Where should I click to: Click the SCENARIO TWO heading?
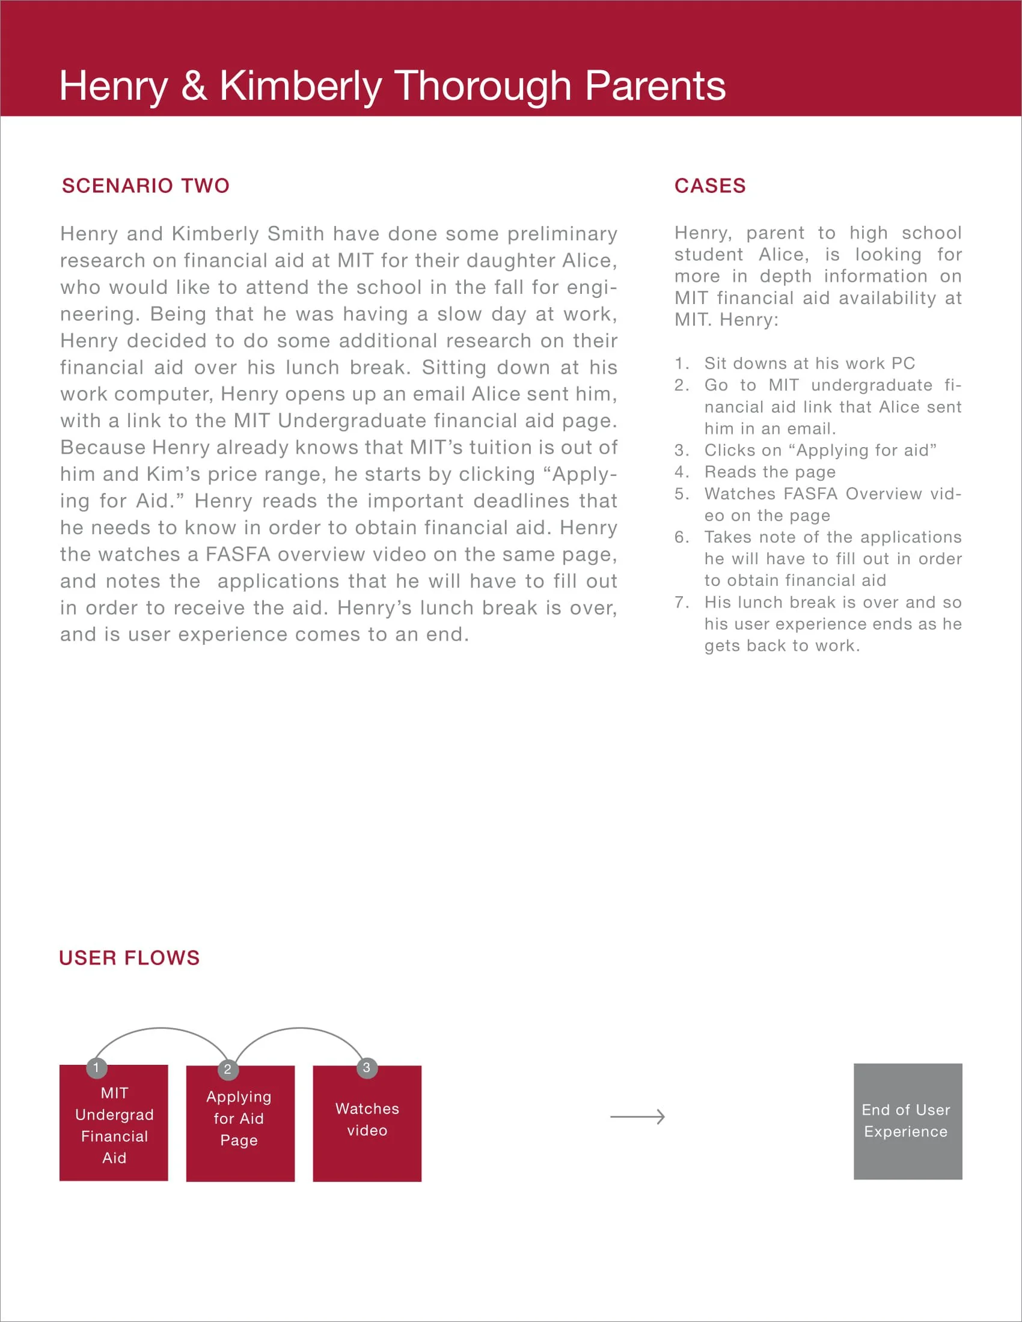145,186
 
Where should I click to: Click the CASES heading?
709,186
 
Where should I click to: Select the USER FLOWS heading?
129,958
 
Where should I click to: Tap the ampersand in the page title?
194,86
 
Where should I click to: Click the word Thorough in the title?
483,86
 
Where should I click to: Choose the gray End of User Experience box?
908,1121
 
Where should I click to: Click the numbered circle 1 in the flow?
96,1068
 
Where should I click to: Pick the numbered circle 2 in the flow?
228,1070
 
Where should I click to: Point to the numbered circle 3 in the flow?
366,1068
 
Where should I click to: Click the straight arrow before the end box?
637,1117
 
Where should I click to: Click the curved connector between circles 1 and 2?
161,1028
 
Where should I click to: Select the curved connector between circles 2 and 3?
300,1028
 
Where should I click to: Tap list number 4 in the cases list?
681,472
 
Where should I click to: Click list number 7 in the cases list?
681,603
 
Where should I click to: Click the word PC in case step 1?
903,364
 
